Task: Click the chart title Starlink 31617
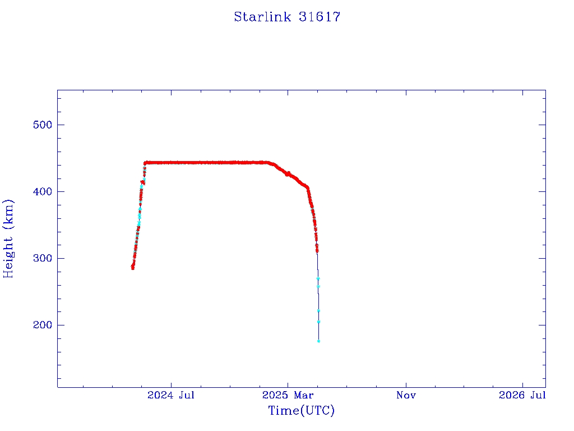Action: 287,17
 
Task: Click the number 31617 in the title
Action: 320,17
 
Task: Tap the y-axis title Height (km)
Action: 8,239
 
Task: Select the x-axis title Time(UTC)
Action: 302,411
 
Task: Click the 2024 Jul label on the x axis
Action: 171,396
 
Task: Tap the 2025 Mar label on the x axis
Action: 288,396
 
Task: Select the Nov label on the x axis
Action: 406,396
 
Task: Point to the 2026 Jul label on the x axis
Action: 522,396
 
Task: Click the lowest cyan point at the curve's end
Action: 318,341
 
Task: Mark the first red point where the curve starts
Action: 132,268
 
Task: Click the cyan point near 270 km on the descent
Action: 318,278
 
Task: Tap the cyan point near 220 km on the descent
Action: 318,311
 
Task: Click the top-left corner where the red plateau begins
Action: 145,163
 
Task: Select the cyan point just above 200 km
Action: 318,322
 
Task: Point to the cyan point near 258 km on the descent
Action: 318,287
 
